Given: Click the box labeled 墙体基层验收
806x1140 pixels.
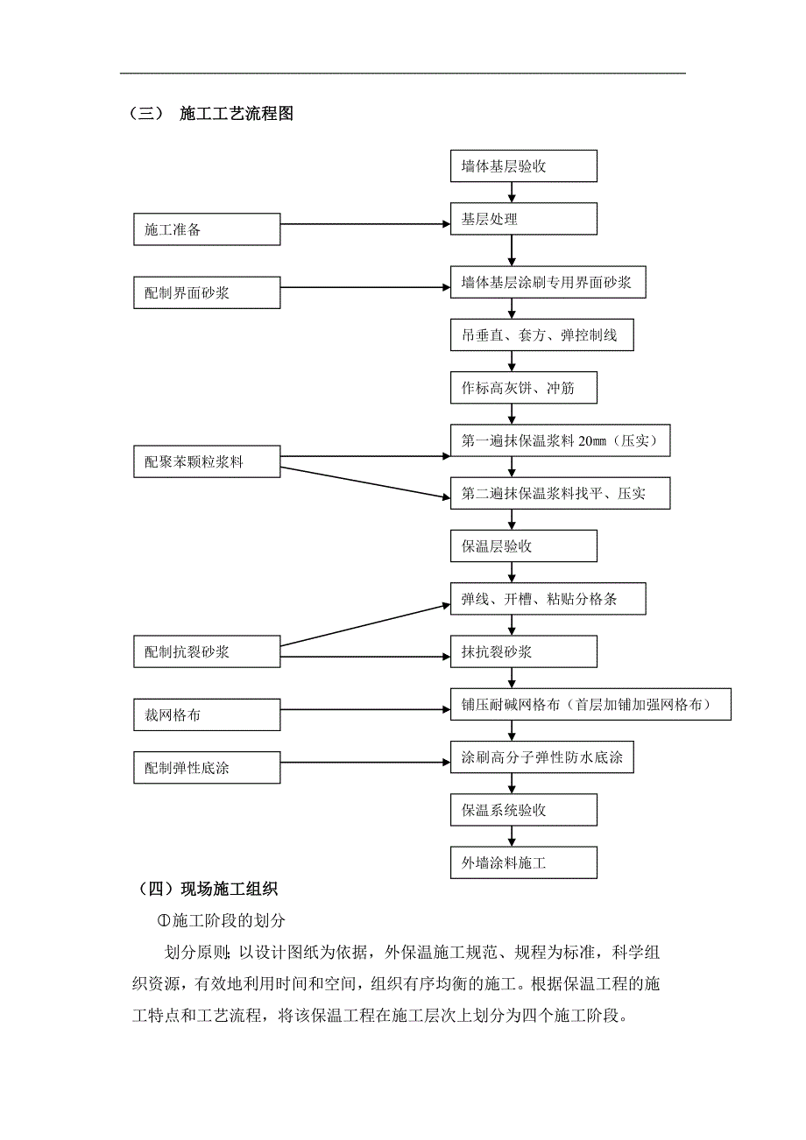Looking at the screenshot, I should (x=523, y=166).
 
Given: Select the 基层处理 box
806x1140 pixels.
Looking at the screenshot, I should (x=523, y=219).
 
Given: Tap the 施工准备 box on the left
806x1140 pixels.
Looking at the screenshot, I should (x=207, y=229).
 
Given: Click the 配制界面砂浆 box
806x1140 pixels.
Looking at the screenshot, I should (x=207, y=292).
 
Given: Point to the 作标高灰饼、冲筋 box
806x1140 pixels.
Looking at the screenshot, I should (x=523, y=389).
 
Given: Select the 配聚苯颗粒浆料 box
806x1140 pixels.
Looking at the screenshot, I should (x=207, y=461).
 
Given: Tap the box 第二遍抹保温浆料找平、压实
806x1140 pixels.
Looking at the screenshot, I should (x=560, y=494).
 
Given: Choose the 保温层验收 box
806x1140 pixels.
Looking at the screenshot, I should (x=523, y=546).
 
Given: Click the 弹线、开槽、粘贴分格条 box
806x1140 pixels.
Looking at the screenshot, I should (x=548, y=599).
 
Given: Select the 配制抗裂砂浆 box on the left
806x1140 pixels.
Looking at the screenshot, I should (x=207, y=651).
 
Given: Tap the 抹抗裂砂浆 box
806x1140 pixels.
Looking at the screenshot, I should (x=523, y=652).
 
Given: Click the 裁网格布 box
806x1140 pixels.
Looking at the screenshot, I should (x=207, y=714).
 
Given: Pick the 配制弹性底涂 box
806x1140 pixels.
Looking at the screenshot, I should (x=207, y=768).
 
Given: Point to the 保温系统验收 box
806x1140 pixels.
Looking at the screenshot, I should (x=523, y=810).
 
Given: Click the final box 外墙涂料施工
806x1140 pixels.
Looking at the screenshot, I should (x=523, y=862).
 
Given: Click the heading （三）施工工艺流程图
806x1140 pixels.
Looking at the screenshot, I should (x=211, y=114).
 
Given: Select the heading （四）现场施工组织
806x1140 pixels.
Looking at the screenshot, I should (x=208, y=890).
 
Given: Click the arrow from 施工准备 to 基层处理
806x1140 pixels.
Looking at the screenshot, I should (x=364, y=224).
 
